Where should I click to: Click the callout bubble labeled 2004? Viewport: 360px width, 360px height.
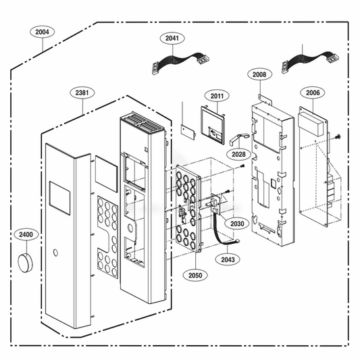pos(42,32)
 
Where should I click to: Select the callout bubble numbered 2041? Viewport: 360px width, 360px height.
pos(172,38)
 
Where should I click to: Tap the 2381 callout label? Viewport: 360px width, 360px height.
pos(81,93)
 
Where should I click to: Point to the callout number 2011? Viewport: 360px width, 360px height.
pos(216,97)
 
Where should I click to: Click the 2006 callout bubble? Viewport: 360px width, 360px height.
pos(312,93)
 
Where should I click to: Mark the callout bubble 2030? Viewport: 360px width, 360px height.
pos(236,224)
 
